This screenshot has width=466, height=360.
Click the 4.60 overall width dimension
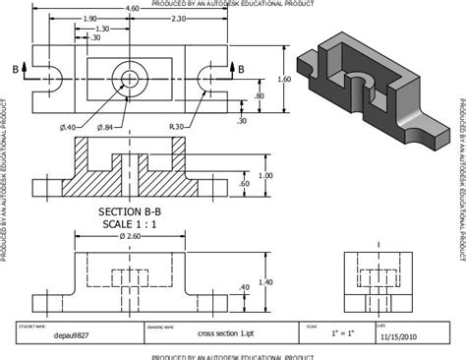tap(132, 8)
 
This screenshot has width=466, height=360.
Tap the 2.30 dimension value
tap(177, 20)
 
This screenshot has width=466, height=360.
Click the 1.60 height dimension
tap(286, 78)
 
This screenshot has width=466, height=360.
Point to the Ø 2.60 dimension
tap(131, 237)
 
